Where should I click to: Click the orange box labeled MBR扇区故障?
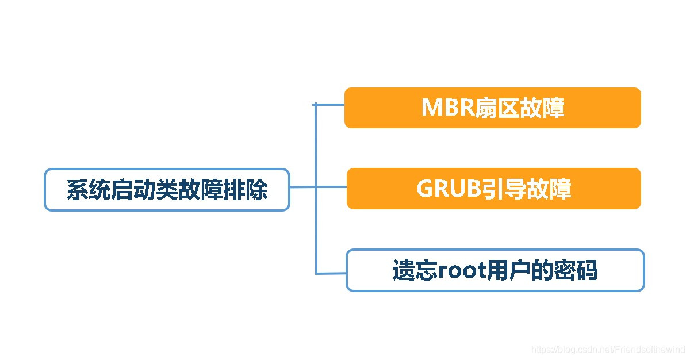492,108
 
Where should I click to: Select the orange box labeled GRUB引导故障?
493,189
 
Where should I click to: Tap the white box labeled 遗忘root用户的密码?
494,270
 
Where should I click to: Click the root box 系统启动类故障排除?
167,190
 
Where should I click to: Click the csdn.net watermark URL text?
608,349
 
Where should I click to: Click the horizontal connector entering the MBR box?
330,105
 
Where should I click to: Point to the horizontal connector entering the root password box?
331,273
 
